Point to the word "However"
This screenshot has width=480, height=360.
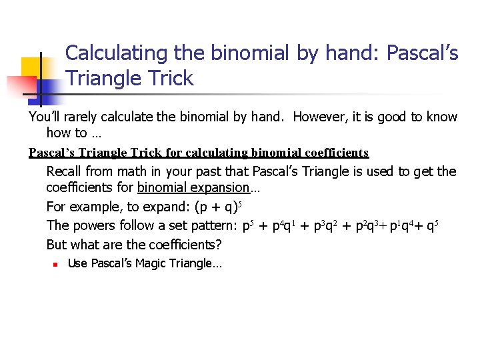coord(317,117)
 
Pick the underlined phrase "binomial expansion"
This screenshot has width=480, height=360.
coord(193,189)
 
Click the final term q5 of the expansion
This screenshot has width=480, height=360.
coord(431,226)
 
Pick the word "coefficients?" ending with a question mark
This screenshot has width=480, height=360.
coord(183,245)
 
